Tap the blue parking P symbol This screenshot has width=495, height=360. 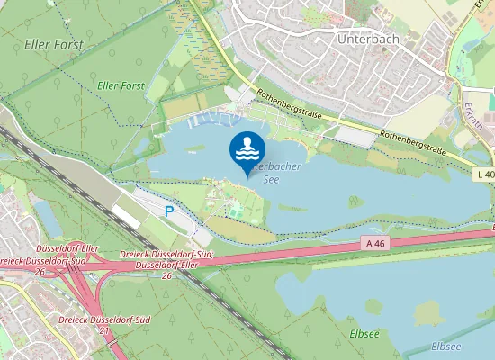tap(169, 211)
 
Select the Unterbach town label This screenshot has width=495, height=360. tap(367, 40)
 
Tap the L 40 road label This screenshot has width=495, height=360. tap(484, 174)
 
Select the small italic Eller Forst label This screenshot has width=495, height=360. tap(120, 85)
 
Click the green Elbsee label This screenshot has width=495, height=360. tap(364, 333)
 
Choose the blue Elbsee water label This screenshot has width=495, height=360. tap(445, 346)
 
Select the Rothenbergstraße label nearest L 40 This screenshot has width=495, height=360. tap(413, 136)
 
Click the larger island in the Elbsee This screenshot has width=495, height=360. tap(429, 312)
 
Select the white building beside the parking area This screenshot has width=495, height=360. tap(126, 214)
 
